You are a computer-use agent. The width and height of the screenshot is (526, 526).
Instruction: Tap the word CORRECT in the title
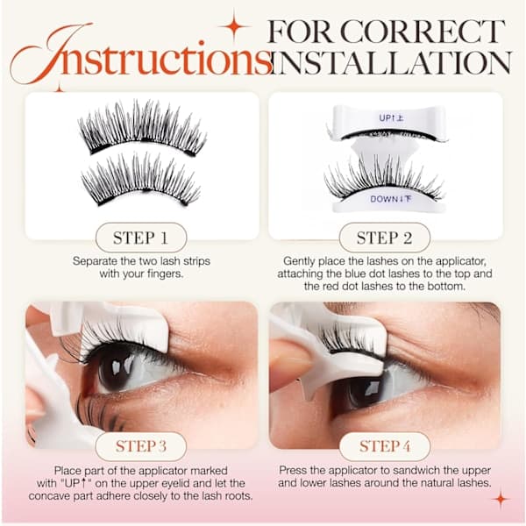[423, 32]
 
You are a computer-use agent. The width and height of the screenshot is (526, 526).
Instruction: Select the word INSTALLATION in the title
[391, 62]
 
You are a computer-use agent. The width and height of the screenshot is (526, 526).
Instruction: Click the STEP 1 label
[140, 238]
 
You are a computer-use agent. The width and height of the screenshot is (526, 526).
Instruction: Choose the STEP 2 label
[385, 238]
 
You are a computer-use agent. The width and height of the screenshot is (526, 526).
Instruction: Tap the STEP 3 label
[141, 446]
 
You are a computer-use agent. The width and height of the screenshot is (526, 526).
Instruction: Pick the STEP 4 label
[385, 446]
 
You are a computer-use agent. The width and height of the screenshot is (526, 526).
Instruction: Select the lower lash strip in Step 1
[141, 180]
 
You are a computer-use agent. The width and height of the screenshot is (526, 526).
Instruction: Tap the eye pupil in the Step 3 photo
[118, 369]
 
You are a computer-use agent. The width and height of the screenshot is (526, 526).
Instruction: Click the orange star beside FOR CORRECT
[234, 25]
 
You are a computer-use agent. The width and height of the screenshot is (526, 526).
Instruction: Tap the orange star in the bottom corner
[501, 499]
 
